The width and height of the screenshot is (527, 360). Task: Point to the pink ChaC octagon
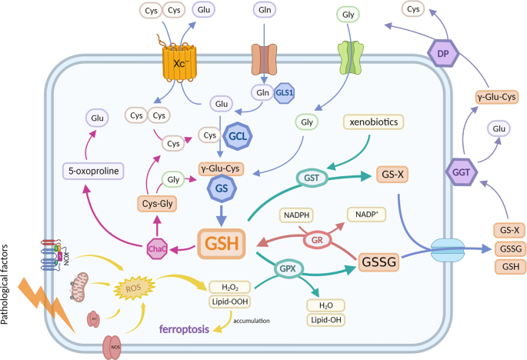(x=158, y=248)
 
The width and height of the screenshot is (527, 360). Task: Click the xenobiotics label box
(x=372, y=122)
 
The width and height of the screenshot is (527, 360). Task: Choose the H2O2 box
(x=232, y=286)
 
